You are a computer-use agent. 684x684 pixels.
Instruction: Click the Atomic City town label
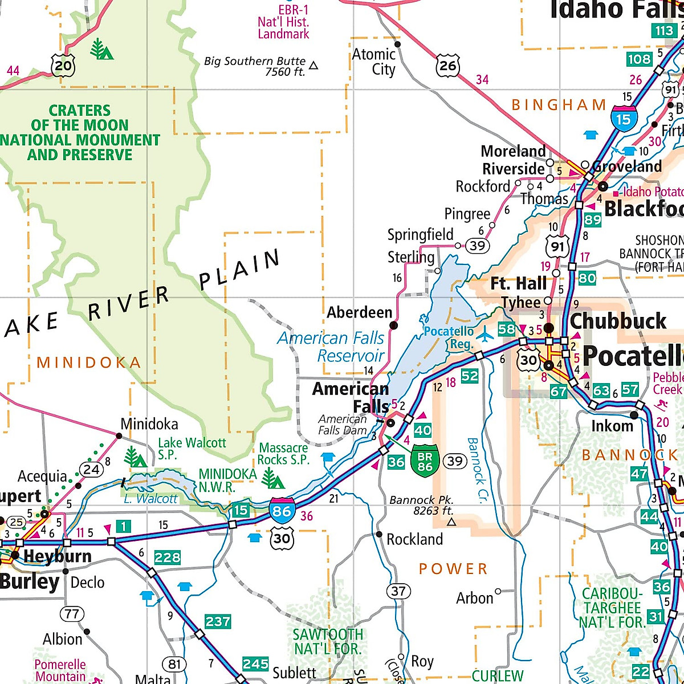pyautogui.click(x=374, y=62)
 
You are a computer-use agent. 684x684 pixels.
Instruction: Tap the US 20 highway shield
pyautogui.click(x=63, y=66)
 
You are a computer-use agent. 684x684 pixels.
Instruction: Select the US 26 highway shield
pyautogui.click(x=447, y=66)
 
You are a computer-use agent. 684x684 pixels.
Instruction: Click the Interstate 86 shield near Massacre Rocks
pyautogui.click(x=282, y=510)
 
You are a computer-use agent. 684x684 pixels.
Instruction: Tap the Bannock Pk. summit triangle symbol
pyautogui.click(x=451, y=522)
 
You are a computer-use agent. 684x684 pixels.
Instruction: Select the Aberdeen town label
pyautogui.click(x=359, y=312)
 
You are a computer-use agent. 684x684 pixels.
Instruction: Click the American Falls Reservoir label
pyautogui.click(x=332, y=347)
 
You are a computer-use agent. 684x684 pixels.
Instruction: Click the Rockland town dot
pyautogui.click(x=379, y=534)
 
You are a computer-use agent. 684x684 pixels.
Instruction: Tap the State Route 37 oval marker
pyautogui.click(x=398, y=591)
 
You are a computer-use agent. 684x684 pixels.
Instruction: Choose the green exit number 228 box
pyautogui.click(x=167, y=557)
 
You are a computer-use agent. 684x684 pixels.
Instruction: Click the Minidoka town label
pyautogui.click(x=149, y=424)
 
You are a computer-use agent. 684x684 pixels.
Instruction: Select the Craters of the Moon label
pyautogui.click(x=80, y=132)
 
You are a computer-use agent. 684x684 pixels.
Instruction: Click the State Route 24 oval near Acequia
pyautogui.click(x=91, y=469)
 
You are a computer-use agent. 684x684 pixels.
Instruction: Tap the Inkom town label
pyautogui.click(x=612, y=426)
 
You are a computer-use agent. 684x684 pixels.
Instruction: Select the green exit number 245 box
pyautogui.click(x=255, y=663)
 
